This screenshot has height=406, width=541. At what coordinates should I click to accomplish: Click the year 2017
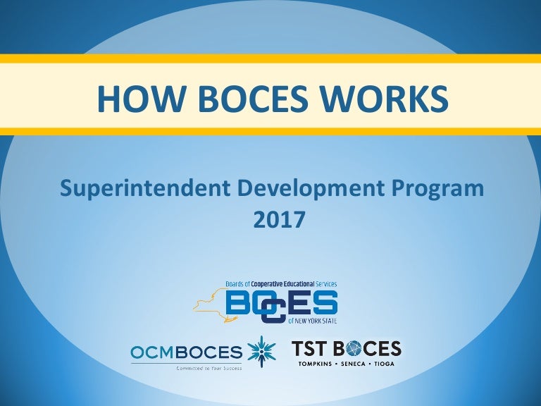click(x=278, y=219)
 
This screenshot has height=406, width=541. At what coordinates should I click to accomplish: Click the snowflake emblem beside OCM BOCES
click(x=261, y=350)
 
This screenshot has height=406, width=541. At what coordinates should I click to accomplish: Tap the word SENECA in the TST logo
click(x=355, y=363)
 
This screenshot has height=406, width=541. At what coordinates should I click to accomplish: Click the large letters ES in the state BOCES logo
click(x=314, y=304)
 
